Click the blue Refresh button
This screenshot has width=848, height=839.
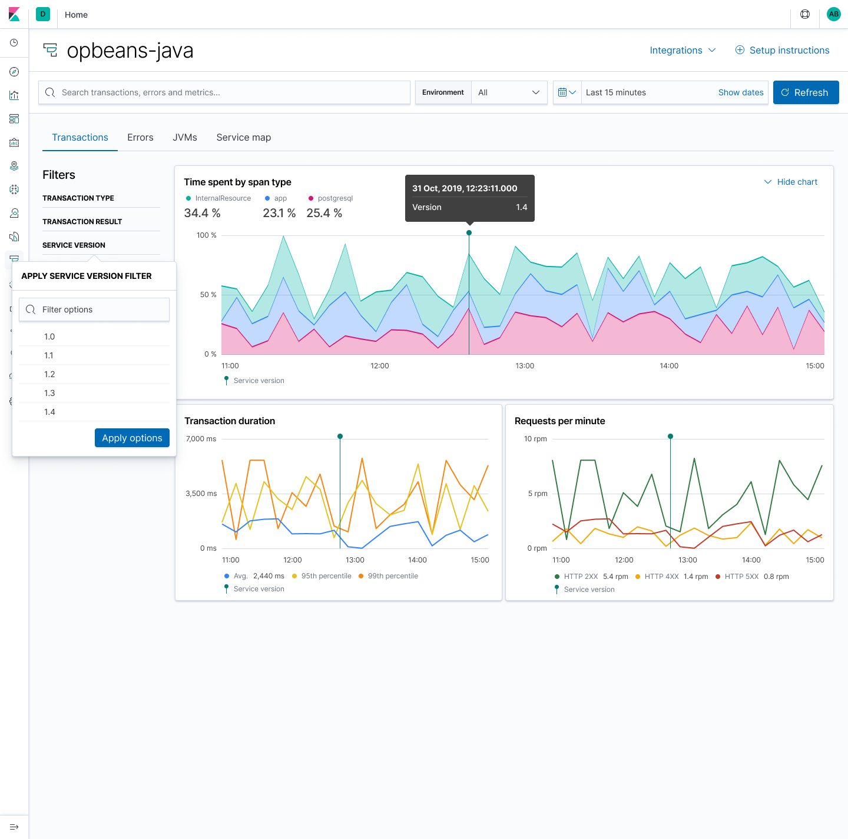coord(806,92)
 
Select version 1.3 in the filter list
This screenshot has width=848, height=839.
coord(49,393)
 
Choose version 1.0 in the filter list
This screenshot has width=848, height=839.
coord(49,337)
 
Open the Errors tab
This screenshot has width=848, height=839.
coord(140,137)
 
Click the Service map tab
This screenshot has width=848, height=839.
coord(243,137)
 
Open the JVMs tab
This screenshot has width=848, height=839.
coord(185,137)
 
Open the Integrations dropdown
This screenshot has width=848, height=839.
coord(683,50)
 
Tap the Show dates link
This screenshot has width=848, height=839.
coord(740,92)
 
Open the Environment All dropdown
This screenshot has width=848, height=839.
coord(509,92)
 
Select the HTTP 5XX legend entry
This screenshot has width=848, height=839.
coord(741,577)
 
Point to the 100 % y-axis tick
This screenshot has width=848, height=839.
coord(206,235)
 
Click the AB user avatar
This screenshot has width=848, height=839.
coord(833,14)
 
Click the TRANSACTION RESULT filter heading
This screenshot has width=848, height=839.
coord(82,222)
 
